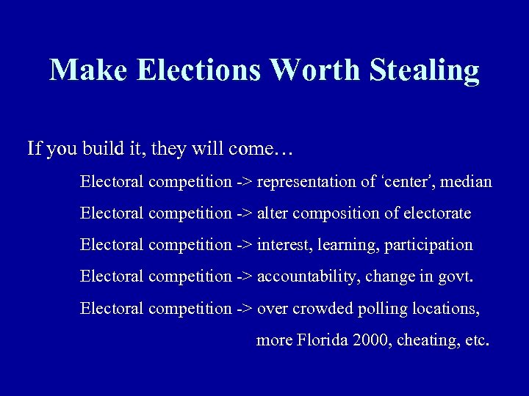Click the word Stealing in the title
coord(425,70)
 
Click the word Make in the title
coord(89,70)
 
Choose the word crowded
coord(323,309)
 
